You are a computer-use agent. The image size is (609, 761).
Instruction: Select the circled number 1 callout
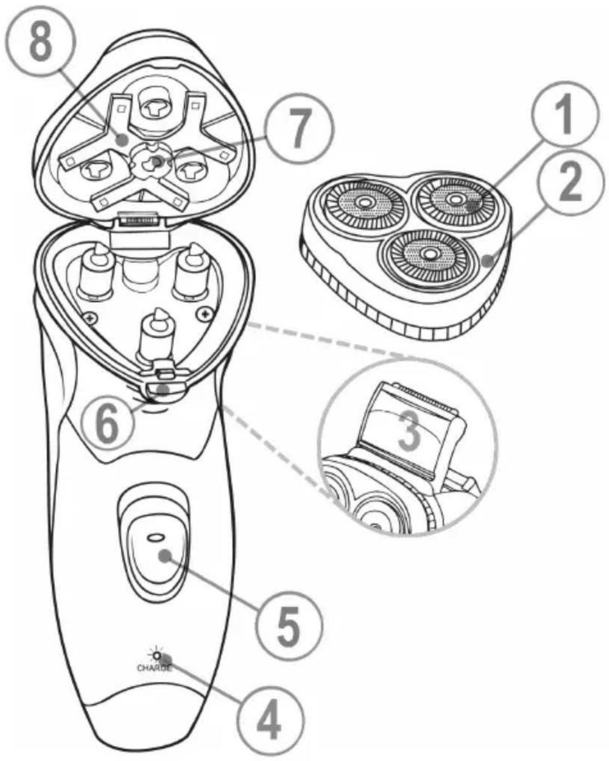565,114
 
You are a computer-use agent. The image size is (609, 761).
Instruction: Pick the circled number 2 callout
569,183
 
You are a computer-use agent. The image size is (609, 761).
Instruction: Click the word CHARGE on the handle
155,668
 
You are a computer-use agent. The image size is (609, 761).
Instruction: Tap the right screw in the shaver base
204,313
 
